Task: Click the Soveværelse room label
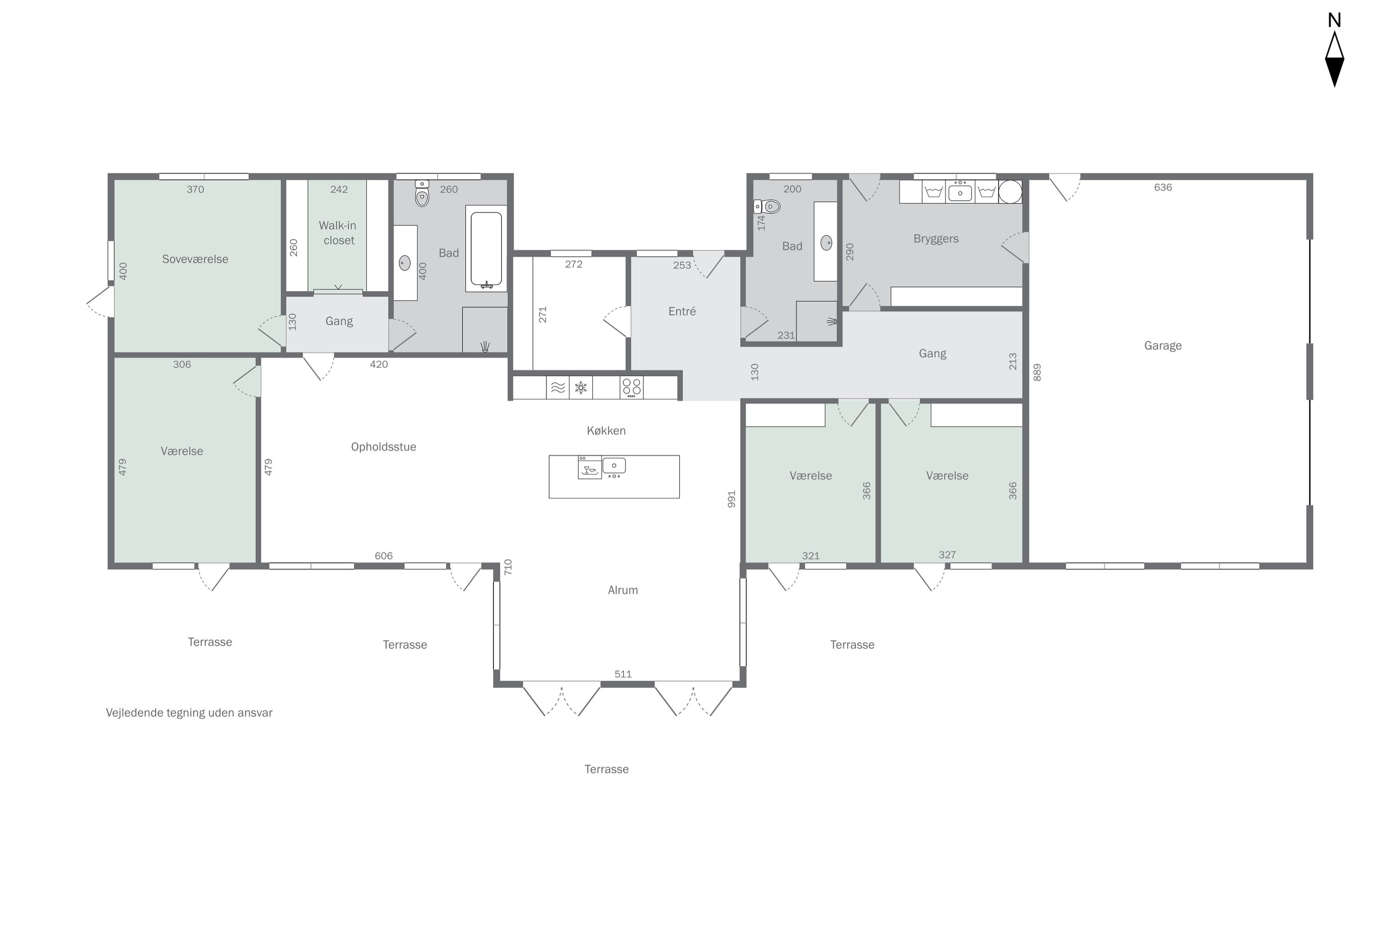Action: tap(195, 259)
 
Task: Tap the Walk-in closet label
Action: tap(338, 232)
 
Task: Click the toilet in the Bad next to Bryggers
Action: tap(767, 206)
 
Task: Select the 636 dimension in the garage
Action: tap(1163, 187)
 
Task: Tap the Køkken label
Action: tap(606, 431)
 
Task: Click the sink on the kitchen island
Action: tap(614, 467)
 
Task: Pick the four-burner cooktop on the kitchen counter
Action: tap(631, 387)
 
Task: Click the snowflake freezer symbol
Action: tap(581, 388)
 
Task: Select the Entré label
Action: tap(682, 312)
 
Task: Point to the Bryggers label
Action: tap(935, 239)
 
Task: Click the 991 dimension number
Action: tap(731, 499)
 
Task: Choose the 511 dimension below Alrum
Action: tap(623, 674)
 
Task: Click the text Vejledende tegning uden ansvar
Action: tap(189, 713)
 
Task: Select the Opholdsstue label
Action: tap(383, 447)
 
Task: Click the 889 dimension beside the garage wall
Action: tap(1037, 372)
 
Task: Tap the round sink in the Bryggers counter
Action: tap(1010, 192)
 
